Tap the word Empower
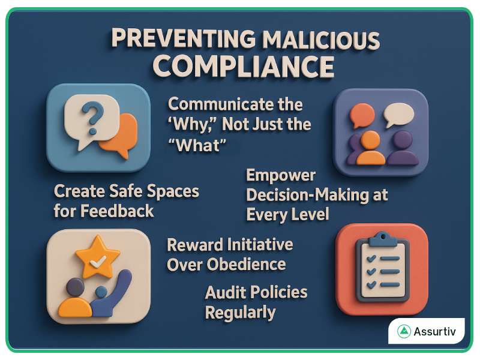pyautogui.click(x=281, y=175)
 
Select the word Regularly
pyautogui.click(x=240, y=313)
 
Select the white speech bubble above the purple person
pyautogui.click(x=399, y=113)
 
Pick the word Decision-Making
pyautogui.click(x=317, y=195)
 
